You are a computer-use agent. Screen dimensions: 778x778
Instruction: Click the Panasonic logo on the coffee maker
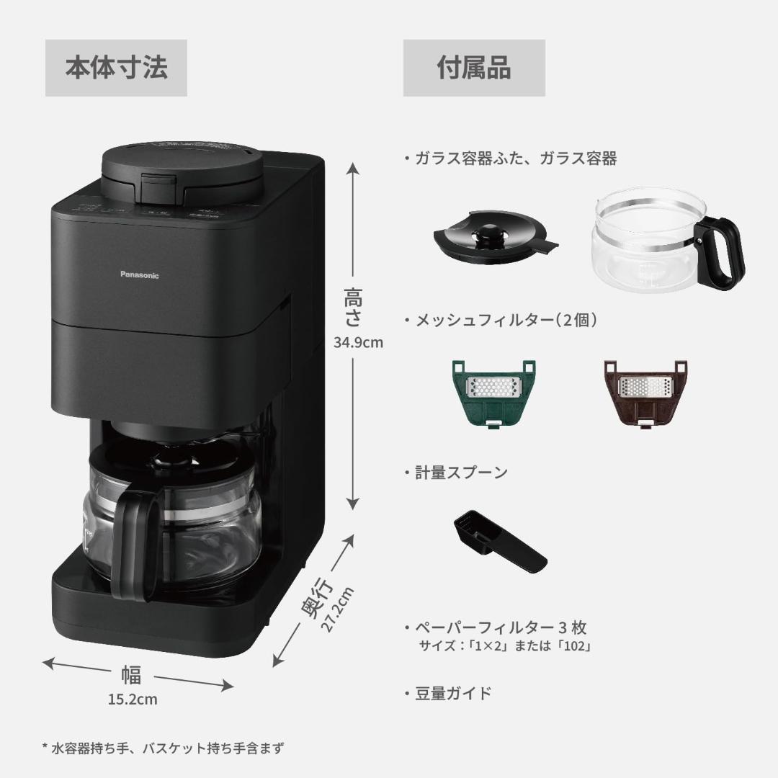138,274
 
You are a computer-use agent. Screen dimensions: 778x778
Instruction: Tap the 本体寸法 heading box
116,68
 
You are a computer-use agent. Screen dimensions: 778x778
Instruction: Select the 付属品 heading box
474,68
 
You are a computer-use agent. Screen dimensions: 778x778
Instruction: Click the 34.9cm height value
358,342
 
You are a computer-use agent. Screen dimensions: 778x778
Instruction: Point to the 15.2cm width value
133,699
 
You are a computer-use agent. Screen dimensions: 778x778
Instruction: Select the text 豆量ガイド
452,693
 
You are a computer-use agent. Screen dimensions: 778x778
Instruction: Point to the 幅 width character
131,676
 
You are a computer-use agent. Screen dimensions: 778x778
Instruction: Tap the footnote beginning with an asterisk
163,748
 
